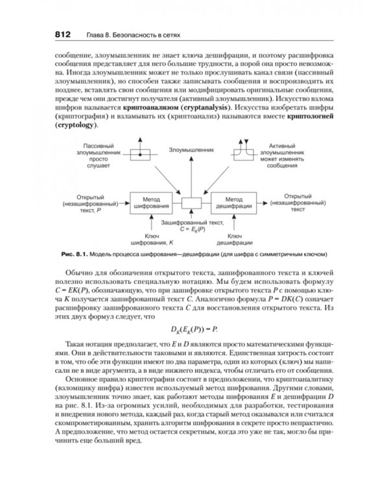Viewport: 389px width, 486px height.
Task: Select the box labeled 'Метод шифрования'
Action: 152,202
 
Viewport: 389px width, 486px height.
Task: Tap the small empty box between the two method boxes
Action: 193,203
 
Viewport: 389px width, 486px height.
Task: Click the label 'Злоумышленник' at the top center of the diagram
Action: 191,149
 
